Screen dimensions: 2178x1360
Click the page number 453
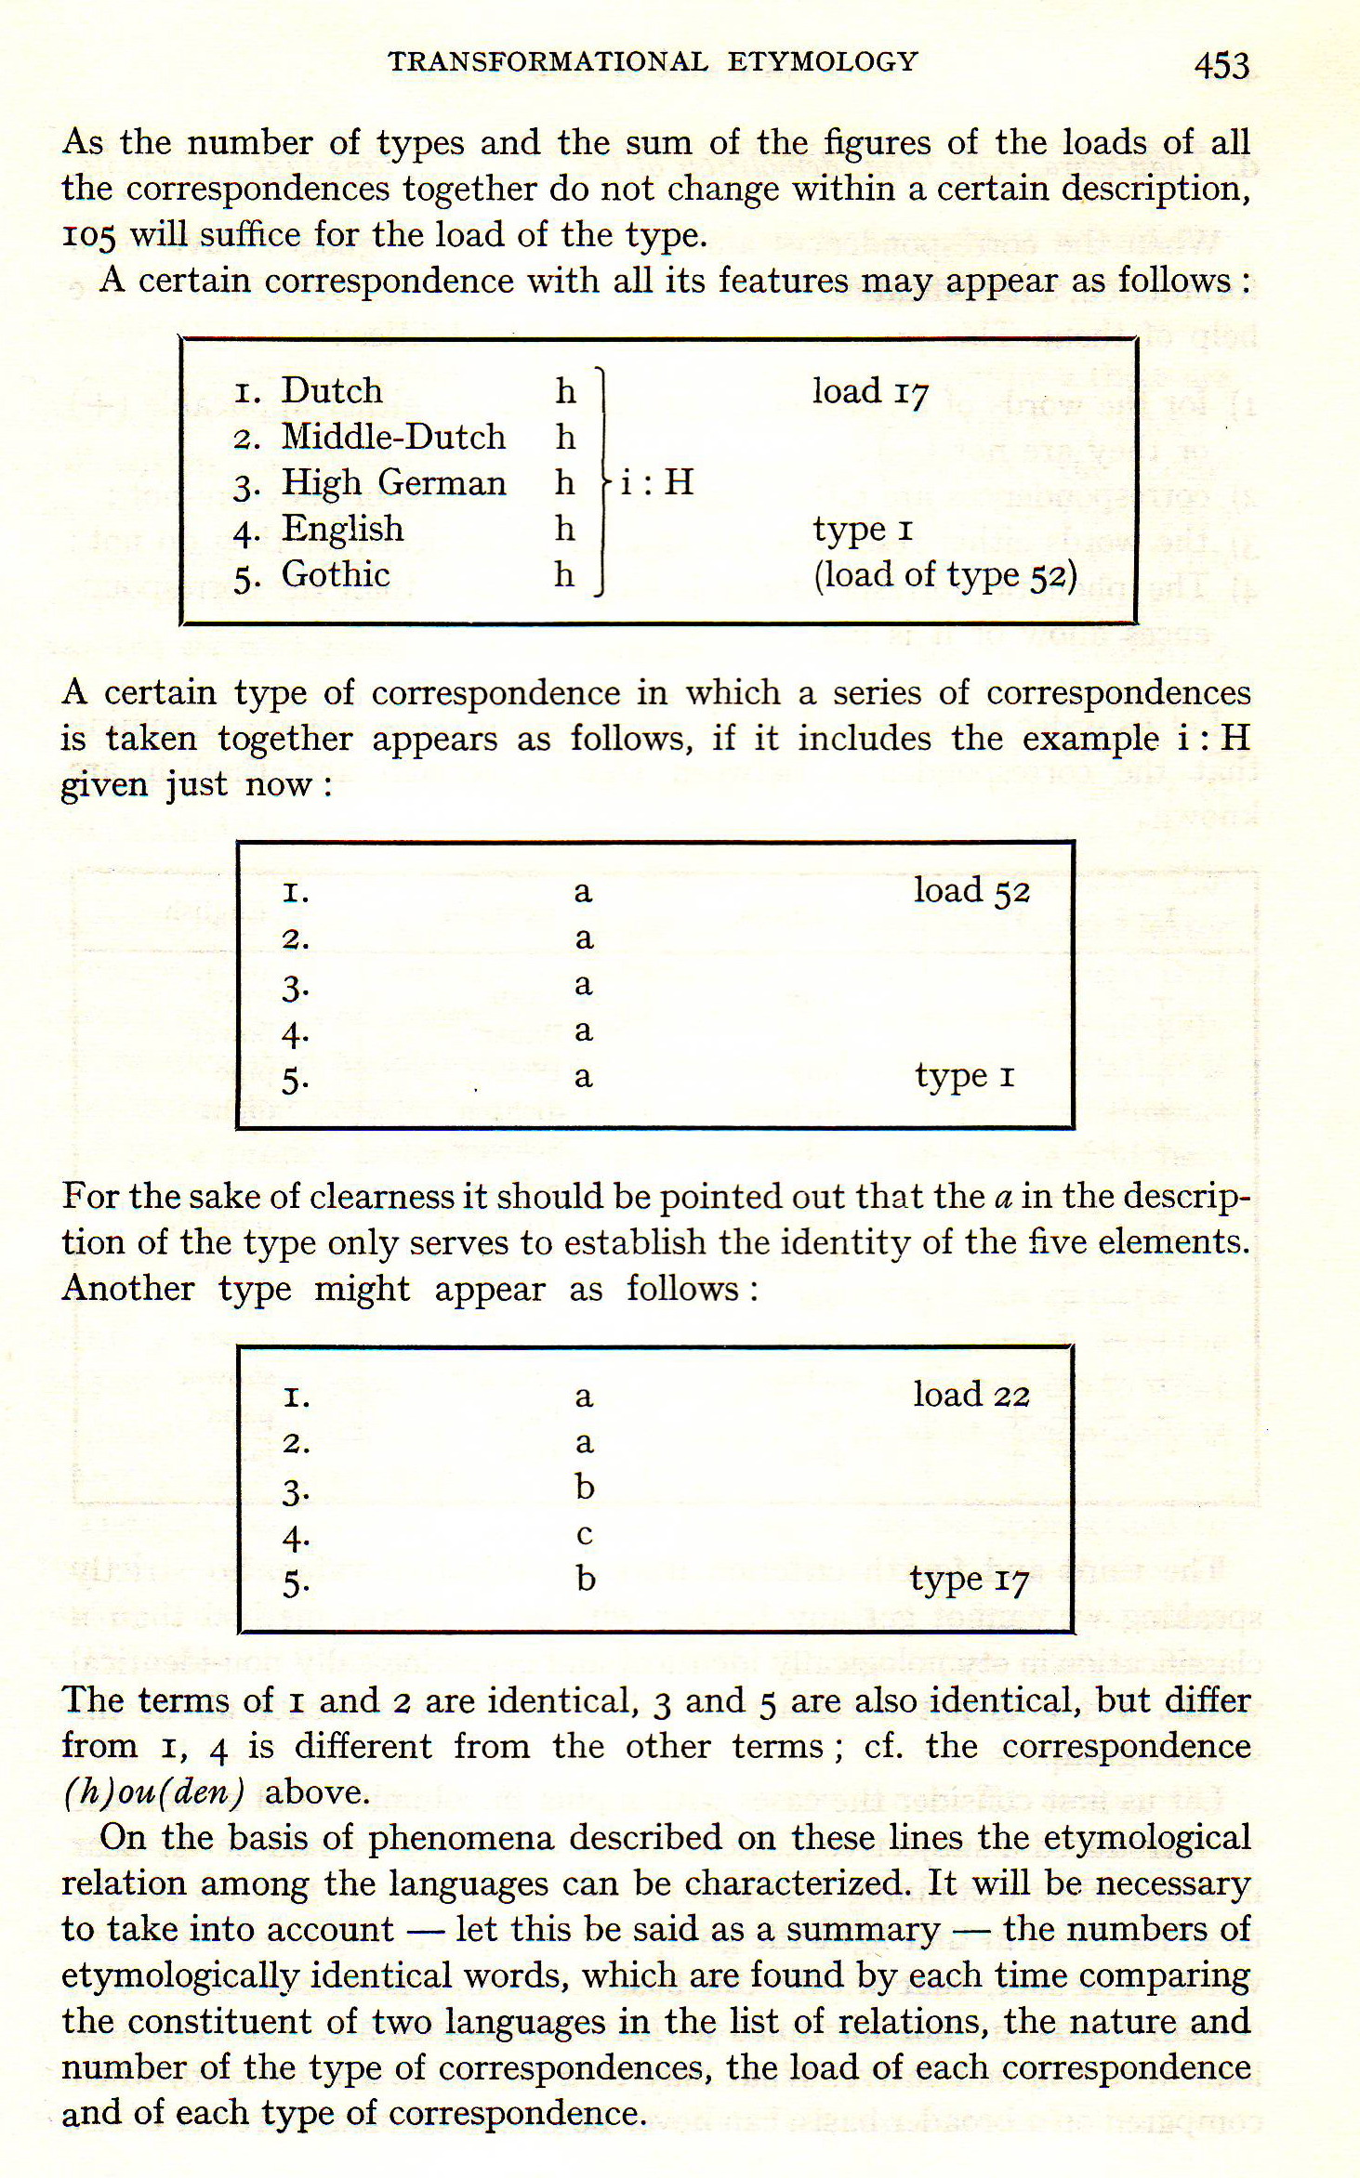pyautogui.click(x=1221, y=65)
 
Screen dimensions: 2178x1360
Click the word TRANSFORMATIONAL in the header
pyautogui.click(x=548, y=62)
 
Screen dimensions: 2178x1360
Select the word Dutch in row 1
pyautogui.click(x=332, y=391)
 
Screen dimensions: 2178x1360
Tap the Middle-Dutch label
pyautogui.click(x=393, y=437)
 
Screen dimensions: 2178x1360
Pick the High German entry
pyautogui.click(x=393, y=483)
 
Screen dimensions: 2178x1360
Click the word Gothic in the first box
pyautogui.click(x=336, y=574)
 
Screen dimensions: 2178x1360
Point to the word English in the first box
pyautogui.click(x=342, y=529)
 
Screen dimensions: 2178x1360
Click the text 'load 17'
pyautogui.click(x=870, y=392)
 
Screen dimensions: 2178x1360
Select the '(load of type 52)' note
pyautogui.click(x=945, y=575)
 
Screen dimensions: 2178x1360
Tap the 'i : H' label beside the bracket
pyautogui.click(x=656, y=482)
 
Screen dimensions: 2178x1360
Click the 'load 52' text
pyautogui.click(x=971, y=891)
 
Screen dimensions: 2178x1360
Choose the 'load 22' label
pyautogui.click(x=971, y=1395)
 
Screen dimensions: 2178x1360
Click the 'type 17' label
pyautogui.click(x=969, y=1579)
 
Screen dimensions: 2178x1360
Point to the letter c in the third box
pyautogui.click(x=584, y=1534)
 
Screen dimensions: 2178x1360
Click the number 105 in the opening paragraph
pyautogui.click(x=88, y=236)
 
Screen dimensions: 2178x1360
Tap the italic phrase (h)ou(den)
pyautogui.click(x=153, y=1791)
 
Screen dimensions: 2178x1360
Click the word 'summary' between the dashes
pyautogui.click(x=863, y=1929)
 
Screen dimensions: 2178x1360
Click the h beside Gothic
pyautogui.click(x=564, y=575)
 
